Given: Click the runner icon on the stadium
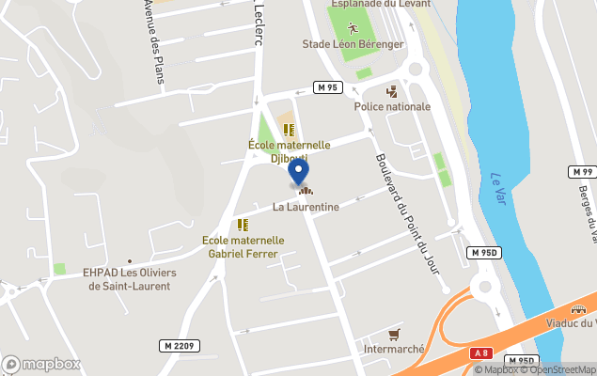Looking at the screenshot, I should [353, 26].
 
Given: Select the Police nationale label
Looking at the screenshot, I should [392, 106].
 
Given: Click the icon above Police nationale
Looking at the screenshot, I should [392, 91].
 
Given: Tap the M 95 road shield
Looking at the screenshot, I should [327, 87].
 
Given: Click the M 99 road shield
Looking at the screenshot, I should [582, 172].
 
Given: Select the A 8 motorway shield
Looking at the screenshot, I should [481, 353].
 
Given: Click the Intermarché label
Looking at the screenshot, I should [394, 349].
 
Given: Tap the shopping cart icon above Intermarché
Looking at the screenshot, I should [394, 335].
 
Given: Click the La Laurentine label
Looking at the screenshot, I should [306, 206].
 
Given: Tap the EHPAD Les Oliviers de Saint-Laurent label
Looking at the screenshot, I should [129, 279].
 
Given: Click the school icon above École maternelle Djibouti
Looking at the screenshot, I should [289, 130].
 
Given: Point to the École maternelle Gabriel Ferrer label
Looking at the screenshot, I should [243, 246].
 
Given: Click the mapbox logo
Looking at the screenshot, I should [41, 364].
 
